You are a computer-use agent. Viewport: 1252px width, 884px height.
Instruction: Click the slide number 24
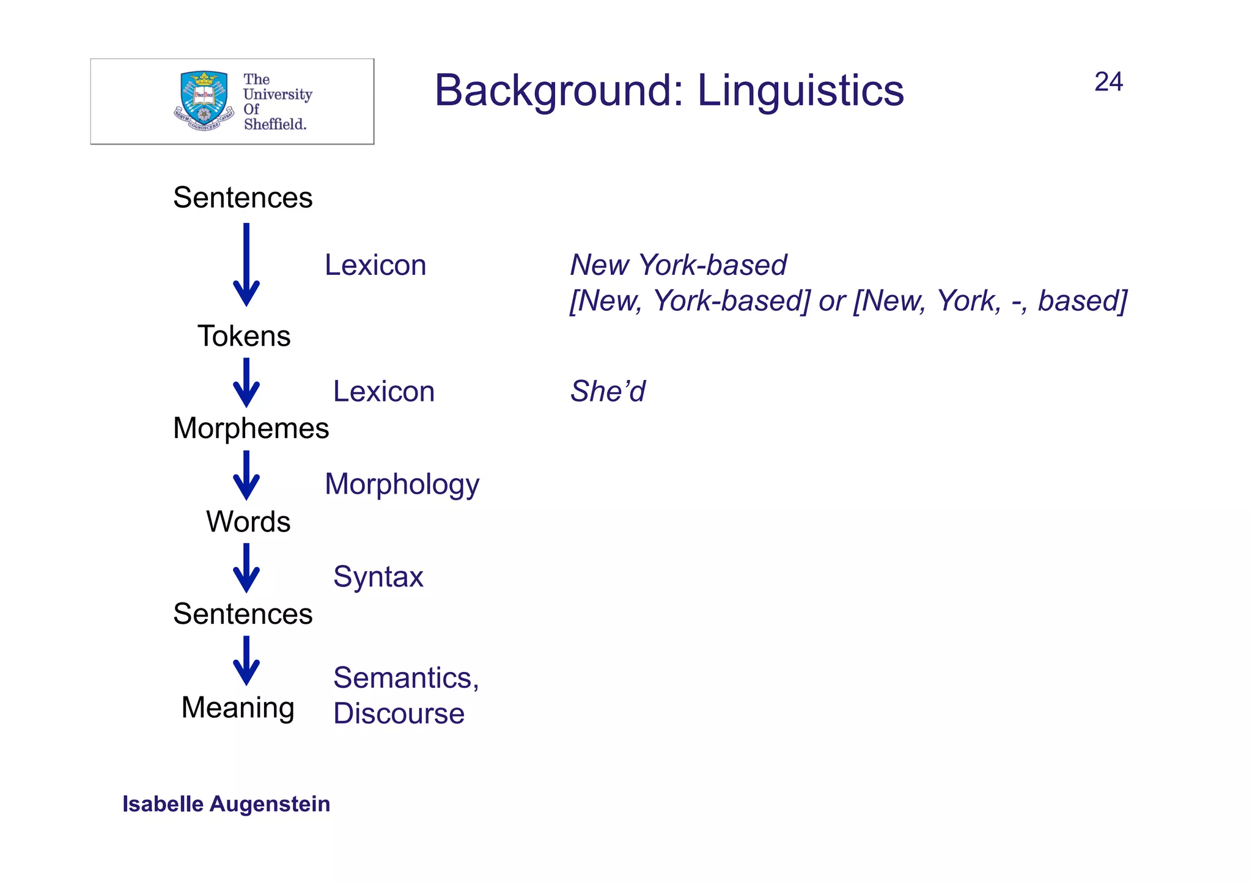pyautogui.click(x=1108, y=82)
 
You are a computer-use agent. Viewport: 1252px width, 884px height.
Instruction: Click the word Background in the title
pyautogui.click(x=558, y=90)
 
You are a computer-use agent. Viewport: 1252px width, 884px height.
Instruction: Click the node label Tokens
pyautogui.click(x=244, y=336)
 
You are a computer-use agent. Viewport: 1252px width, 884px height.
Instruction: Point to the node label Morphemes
pyautogui.click(x=251, y=428)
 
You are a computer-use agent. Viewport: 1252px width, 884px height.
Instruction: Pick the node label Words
pyautogui.click(x=248, y=522)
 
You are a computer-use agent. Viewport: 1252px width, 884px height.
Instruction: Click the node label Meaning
pyautogui.click(x=238, y=707)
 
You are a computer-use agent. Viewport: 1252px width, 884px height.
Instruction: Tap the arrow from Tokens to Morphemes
pyautogui.click(x=246, y=382)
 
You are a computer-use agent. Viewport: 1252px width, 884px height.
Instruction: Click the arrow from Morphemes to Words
pyautogui.click(x=246, y=475)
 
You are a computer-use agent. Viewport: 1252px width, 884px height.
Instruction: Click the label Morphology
pyautogui.click(x=402, y=484)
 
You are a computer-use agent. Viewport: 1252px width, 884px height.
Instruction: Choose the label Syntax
pyautogui.click(x=378, y=577)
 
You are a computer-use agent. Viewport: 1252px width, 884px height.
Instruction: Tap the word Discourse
pyautogui.click(x=399, y=714)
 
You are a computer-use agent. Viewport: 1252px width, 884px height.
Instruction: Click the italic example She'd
pyautogui.click(x=608, y=391)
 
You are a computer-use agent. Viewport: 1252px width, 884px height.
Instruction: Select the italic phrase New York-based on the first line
pyautogui.click(x=678, y=265)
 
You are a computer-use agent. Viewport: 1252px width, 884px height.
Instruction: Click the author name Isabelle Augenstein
pyautogui.click(x=226, y=804)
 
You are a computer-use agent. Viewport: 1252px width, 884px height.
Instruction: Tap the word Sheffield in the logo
pyautogui.click(x=274, y=124)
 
